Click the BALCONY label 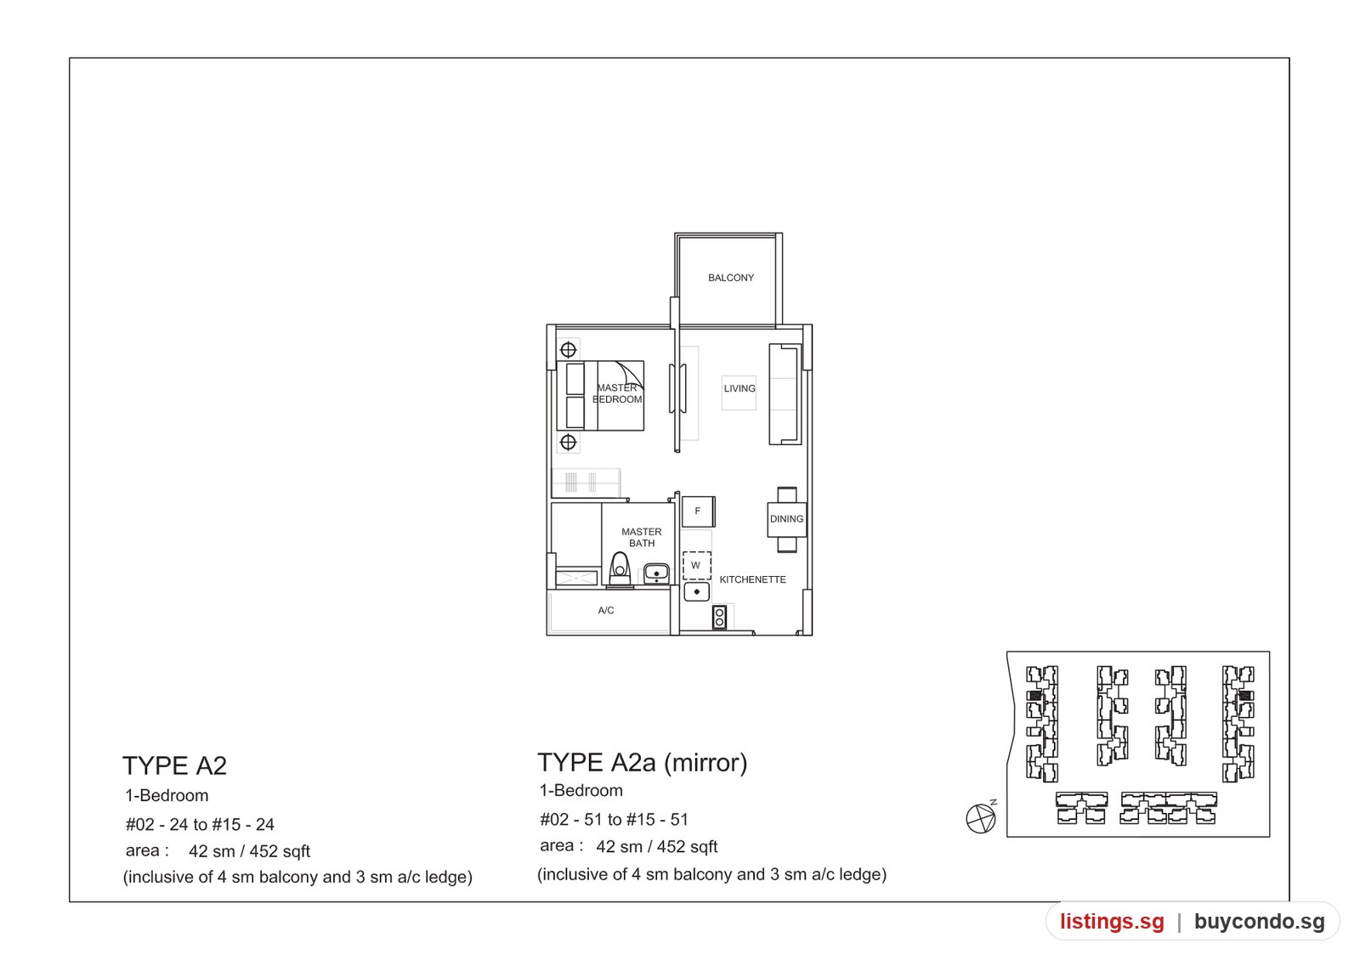[731, 278]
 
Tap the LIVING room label [739, 388]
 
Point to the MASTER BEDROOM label [617, 393]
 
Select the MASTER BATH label [642, 537]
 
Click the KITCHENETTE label [753, 579]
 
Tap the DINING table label [787, 519]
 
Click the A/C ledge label [606, 610]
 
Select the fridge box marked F [698, 511]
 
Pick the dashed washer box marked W [696, 565]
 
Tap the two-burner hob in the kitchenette [719, 617]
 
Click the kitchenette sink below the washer [696, 591]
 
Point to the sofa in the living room [785, 394]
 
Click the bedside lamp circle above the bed [569, 349]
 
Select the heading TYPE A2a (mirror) [643, 763]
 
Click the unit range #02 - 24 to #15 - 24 [200, 824]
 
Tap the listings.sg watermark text [1113, 921]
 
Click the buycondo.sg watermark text [1259, 921]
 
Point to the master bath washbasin [656, 573]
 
